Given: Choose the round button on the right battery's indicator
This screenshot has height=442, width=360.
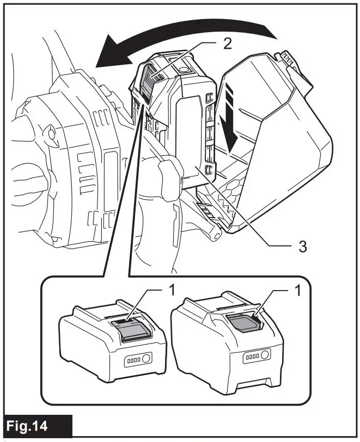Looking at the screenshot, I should point(265,355).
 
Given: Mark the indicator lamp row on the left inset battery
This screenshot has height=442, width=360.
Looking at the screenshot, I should point(133,361).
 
